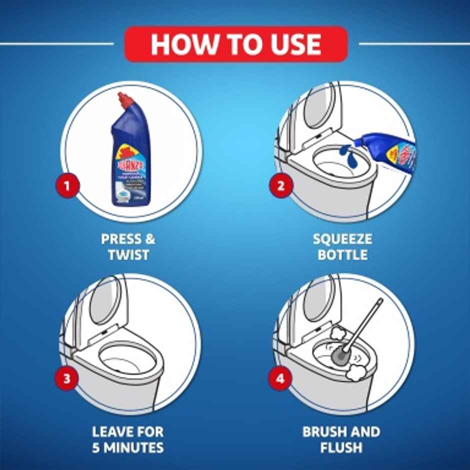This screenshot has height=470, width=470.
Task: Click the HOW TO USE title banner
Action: (235, 44)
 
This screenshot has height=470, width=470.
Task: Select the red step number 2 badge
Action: (281, 186)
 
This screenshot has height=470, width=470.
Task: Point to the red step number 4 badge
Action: (280, 378)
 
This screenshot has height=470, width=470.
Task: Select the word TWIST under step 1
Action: (128, 255)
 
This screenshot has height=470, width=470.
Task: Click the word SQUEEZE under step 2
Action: (342, 238)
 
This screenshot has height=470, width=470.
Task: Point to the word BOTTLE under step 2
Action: (342, 255)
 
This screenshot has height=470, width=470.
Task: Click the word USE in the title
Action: (293, 44)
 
